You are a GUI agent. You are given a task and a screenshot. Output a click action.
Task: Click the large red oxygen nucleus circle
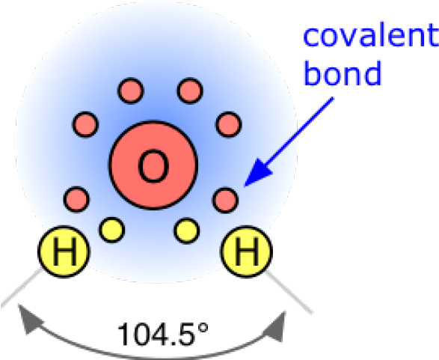[x=153, y=165]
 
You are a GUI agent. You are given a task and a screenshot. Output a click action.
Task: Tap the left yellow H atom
[x=64, y=251]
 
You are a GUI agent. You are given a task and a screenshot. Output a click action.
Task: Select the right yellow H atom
[x=247, y=251]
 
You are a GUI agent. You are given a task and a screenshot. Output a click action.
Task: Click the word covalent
[x=371, y=34]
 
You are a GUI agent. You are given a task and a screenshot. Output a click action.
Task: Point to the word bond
[x=343, y=73]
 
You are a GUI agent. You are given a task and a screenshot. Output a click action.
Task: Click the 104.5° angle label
[x=163, y=334]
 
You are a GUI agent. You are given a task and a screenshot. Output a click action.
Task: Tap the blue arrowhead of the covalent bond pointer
[x=258, y=173]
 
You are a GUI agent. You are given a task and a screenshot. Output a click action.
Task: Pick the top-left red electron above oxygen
[x=131, y=91]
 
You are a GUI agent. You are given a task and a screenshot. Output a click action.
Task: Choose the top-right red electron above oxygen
[x=190, y=91]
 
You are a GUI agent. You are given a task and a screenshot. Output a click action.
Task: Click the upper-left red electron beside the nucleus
[x=86, y=124]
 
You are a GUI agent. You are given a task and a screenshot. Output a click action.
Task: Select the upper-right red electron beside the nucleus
[x=229, y=124]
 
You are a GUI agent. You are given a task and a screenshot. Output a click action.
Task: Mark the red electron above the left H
[x=76, y=199]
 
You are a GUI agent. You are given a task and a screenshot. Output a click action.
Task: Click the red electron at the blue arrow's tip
[x=225, y=201]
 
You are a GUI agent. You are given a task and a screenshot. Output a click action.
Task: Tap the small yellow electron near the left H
[x=111, y=230]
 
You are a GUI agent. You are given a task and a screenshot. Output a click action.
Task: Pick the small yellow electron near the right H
[x=187, y=231]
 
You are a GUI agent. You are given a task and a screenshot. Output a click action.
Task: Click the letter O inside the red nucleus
[x=153, y=166]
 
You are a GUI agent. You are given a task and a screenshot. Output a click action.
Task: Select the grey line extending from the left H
[x=21, y=287]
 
